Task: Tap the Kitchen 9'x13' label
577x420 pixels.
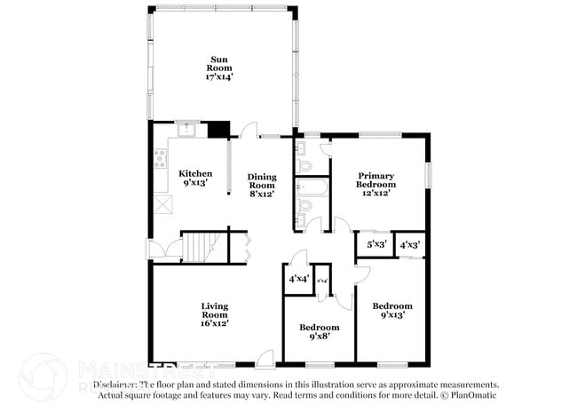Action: click(195, 178)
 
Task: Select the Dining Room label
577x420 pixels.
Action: click(262, 186)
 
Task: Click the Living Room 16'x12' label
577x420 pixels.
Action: click(214, 314)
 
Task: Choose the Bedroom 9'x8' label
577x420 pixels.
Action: click(318, 332)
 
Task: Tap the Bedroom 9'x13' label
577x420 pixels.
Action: click(391, 312)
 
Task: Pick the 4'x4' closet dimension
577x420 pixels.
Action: click(298, 279)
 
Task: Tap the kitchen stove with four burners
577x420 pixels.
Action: click(161, 159)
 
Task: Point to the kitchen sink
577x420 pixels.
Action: click(187, 130)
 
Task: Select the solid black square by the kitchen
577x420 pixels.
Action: click(217, 130)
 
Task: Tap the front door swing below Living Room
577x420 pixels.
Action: click(265, 359)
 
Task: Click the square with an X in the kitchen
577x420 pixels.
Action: click(163, 205)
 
